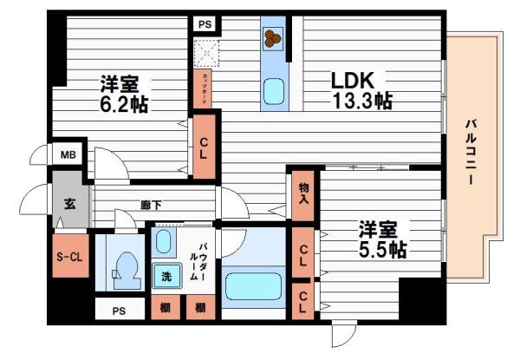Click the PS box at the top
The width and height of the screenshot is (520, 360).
coord(205,24)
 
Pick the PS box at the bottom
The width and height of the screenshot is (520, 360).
coord(117,310)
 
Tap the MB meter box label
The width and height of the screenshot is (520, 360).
coord(68,156)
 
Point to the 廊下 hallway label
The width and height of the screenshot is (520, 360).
coord(153,206)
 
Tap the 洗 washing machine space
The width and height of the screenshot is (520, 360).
coord(165,277)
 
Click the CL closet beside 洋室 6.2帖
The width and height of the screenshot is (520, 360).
coord(205,149)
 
